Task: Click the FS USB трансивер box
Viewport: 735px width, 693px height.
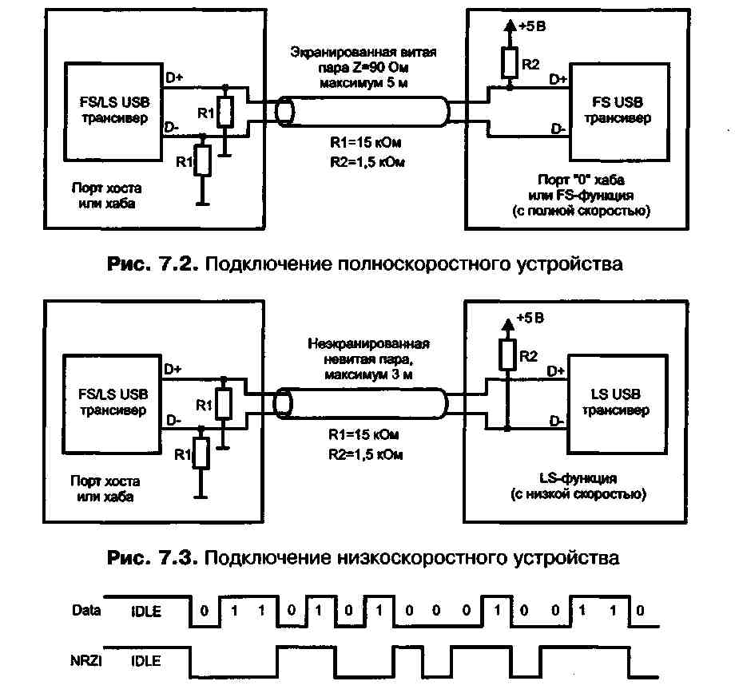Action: tap(618, 111)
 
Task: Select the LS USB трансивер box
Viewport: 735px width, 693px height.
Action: tap(616, 402)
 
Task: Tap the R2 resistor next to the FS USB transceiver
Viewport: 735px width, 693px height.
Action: tap(507, 61)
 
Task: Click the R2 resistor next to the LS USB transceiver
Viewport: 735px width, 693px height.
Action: tap(507, 352)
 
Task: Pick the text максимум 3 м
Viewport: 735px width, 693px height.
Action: tap(368, 374)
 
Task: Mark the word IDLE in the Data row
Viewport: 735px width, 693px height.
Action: tap(146, 612)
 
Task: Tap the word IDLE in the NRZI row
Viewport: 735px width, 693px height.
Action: tap(146, 661)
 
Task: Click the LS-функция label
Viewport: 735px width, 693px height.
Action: tap(577, 478)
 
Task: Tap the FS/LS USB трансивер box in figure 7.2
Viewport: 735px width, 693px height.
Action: tap(114, 111)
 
